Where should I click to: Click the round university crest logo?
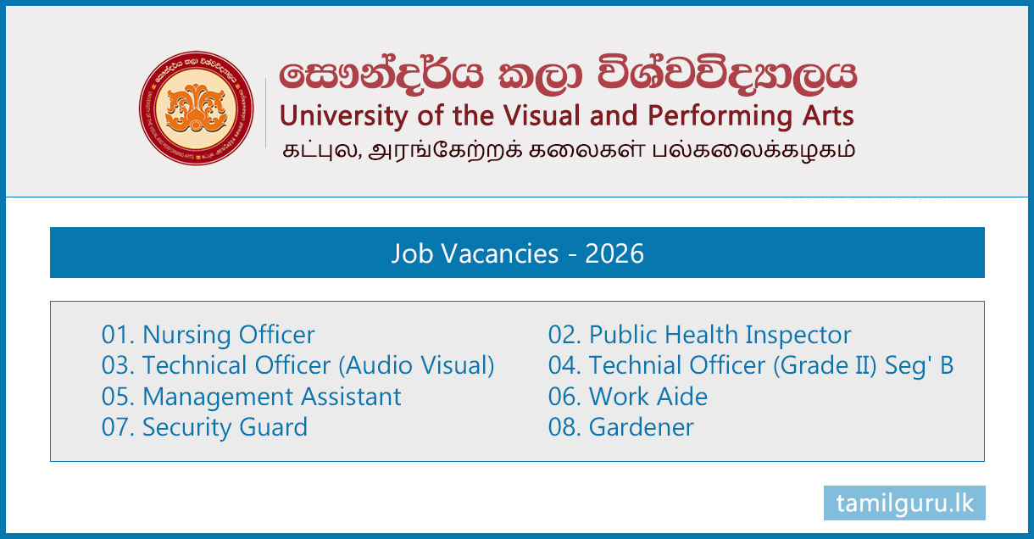(196, 108)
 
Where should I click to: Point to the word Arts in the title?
(828, 115)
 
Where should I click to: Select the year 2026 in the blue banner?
(614, 253)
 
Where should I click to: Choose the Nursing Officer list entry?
(208, 335)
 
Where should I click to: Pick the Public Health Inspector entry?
(699, 335)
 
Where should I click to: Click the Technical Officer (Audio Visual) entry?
(297, 365)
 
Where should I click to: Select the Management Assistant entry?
(251, 397)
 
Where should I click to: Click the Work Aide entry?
(628, 397)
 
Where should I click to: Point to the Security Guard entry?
(204, 427)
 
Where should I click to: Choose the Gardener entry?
(621, 427)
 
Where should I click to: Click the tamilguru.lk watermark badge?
(904, 503)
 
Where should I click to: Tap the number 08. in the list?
(564, 427)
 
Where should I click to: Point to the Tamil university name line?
(568, 151)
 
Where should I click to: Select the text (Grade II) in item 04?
(825, 365)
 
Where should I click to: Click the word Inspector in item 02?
(798, 336)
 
